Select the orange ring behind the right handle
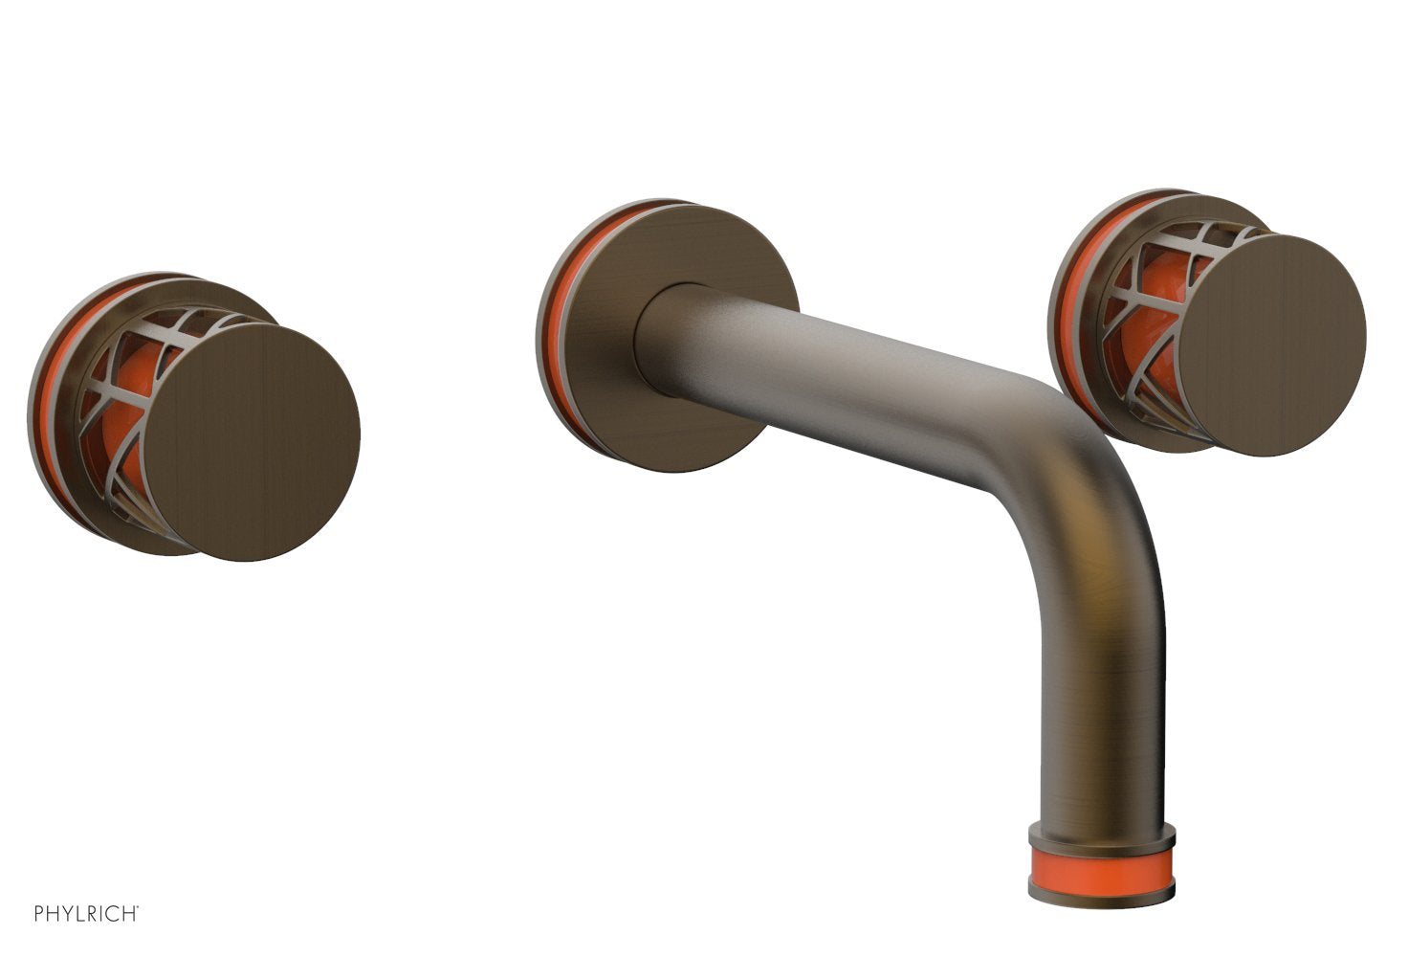[1064, 316]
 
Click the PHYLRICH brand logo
[87, 913]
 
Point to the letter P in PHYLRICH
[39, 913]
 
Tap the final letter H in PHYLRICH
[132, 913]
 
